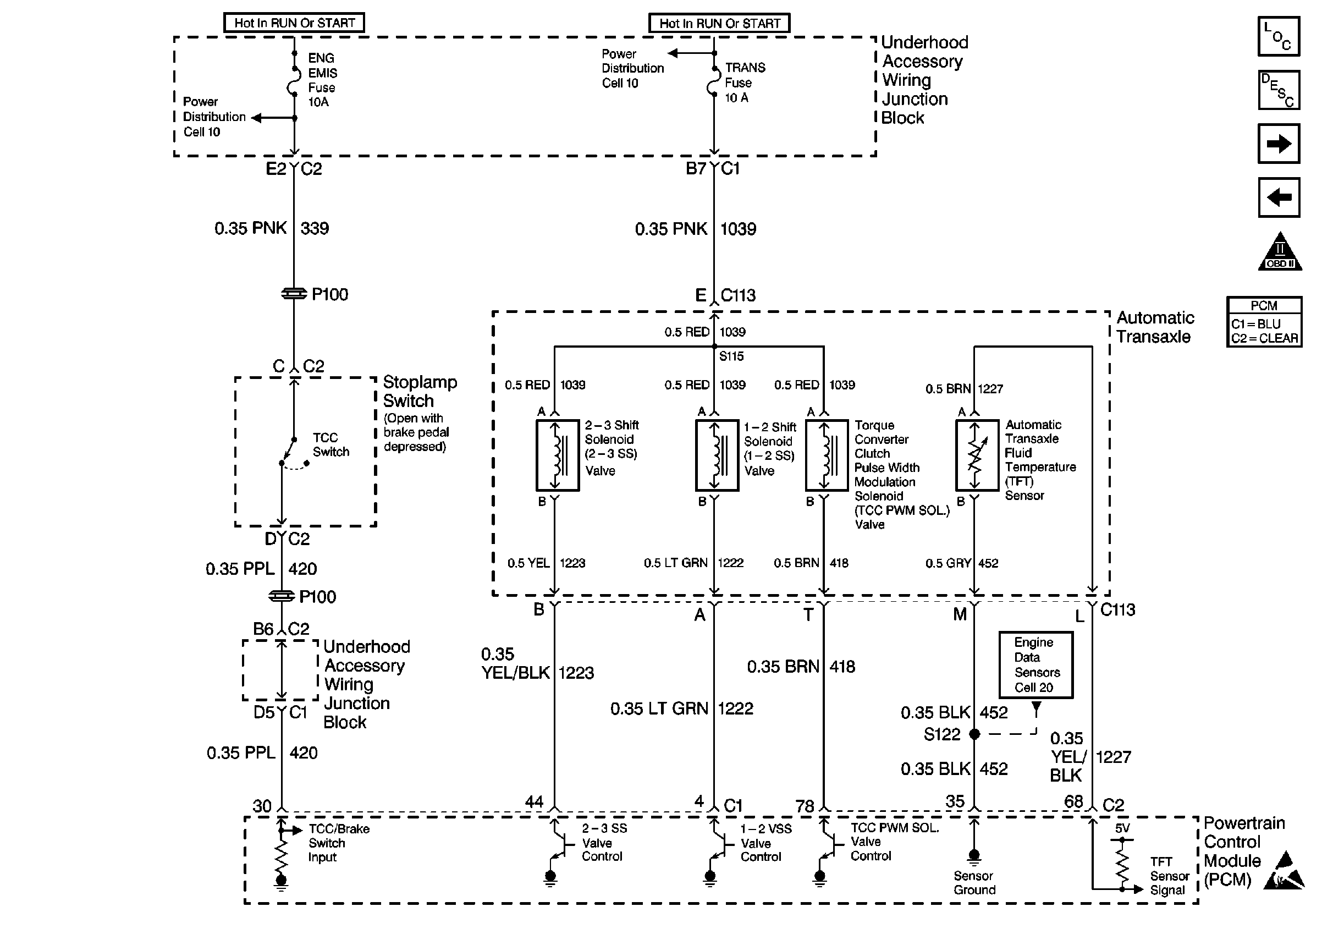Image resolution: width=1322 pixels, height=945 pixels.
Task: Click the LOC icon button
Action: (1279, 36)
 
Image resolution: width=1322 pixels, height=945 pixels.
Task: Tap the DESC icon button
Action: (1279, 90)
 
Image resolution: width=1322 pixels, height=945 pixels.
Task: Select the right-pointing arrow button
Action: (1279, 143)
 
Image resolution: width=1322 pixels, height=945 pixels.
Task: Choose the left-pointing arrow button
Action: (1279, 197)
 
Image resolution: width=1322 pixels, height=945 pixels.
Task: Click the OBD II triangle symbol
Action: (1280, 251)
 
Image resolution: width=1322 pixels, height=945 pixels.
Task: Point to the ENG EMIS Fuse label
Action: (322, 80)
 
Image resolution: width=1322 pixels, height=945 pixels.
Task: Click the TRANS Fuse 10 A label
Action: (745, 83)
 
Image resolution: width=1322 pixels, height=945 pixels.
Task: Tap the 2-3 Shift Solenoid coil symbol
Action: (557, 455)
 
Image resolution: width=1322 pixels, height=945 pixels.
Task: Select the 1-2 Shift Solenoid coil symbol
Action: (717, 455)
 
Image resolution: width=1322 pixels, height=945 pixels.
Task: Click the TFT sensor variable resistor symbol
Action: (977, 455)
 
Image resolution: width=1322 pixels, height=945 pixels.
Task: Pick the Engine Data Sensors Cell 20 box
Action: (1036, 664)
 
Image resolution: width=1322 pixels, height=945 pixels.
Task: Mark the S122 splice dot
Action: (975, 734)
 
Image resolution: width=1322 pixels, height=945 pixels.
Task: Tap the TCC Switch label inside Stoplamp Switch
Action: (331, 444)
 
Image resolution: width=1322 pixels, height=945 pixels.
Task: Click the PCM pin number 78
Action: (805, 806)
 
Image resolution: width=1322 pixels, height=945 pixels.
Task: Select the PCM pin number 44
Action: (534, 802)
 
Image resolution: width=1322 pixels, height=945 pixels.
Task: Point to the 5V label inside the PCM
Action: (1122, 828)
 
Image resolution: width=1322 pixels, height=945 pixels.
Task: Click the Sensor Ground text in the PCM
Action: (974, 883)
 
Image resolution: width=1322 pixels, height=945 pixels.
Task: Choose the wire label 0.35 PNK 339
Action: (272, 228)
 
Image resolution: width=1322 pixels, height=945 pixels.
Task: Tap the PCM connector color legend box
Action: (1264, 322)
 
